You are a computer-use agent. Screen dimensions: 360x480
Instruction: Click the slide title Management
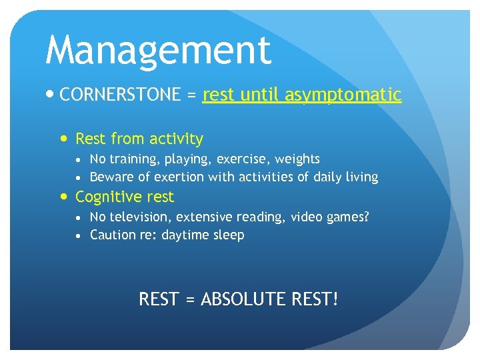click(158, 51)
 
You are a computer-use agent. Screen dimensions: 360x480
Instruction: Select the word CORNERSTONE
click(120, 95)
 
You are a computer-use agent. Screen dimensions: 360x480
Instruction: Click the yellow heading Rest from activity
click(139, 139)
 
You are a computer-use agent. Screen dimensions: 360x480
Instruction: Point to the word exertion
click(179, 177)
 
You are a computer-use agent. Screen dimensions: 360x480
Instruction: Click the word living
click(361, 177)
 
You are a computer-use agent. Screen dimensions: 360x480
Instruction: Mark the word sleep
click(229, 235)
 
